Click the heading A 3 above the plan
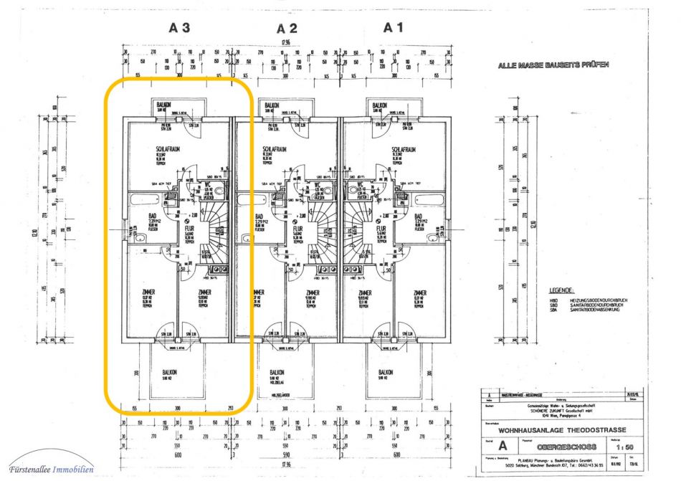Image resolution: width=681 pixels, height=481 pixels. tap(179, 29)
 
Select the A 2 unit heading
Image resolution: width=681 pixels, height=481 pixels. tap(287, 29)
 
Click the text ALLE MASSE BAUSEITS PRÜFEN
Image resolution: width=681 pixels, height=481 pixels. tap(553, 65)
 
